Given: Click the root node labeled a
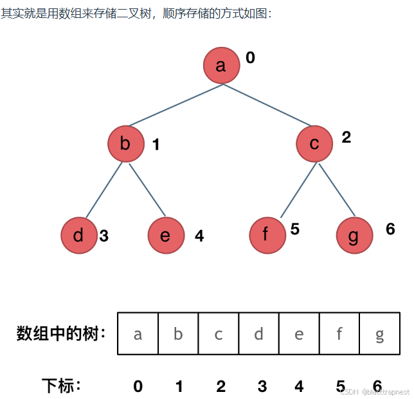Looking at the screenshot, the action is [x=221, y=66].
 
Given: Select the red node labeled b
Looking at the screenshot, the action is [x=125, y=143].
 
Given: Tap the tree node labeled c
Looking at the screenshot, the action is [x=314, y=143].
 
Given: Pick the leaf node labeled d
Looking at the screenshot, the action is [x=79, y=235].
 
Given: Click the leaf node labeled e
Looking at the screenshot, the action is [x=165, y=235].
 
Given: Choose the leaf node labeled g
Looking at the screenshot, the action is [x=354, y=235].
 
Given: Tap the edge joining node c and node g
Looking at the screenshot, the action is [x=336, y=190].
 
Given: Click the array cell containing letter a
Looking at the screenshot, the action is [x=138, y=333].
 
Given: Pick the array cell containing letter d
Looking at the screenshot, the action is [x=258, y=333].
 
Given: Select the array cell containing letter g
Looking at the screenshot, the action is [x=379, y=333].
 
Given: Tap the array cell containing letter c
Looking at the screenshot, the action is [x=219, y=333].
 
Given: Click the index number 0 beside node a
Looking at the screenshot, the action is [x=250, y=58].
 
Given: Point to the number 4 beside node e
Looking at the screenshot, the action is [x=199, y=236].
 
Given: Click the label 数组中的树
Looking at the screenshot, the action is [x=62, y=333].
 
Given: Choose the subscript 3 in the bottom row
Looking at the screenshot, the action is [x=262, y=386].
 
